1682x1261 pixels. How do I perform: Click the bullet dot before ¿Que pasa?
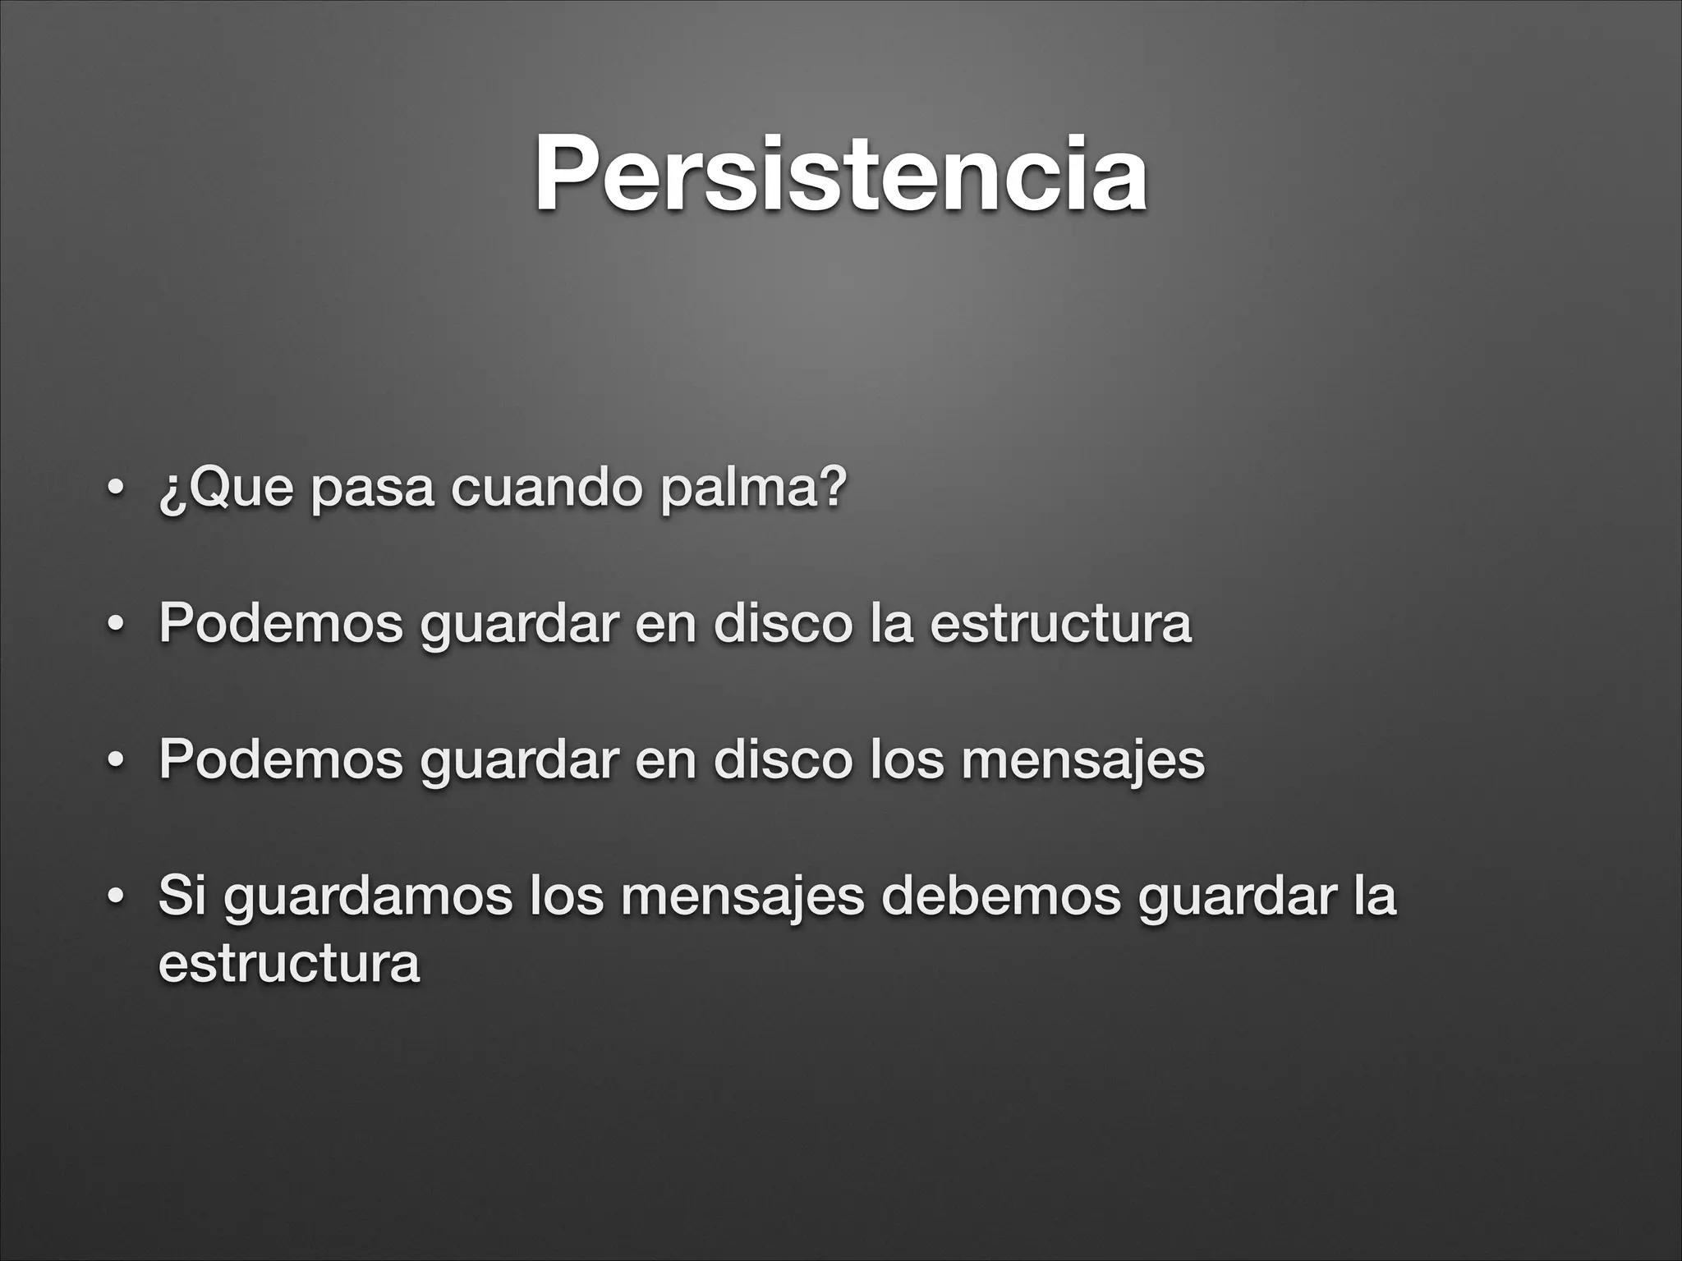tap(117, 490)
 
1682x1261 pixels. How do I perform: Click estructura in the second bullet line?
tap(1060, 623)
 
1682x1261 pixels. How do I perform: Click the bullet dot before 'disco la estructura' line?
tap(117, 625)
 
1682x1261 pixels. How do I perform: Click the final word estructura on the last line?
tap(289, 962)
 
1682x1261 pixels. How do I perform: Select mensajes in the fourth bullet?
tap(742, 896)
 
